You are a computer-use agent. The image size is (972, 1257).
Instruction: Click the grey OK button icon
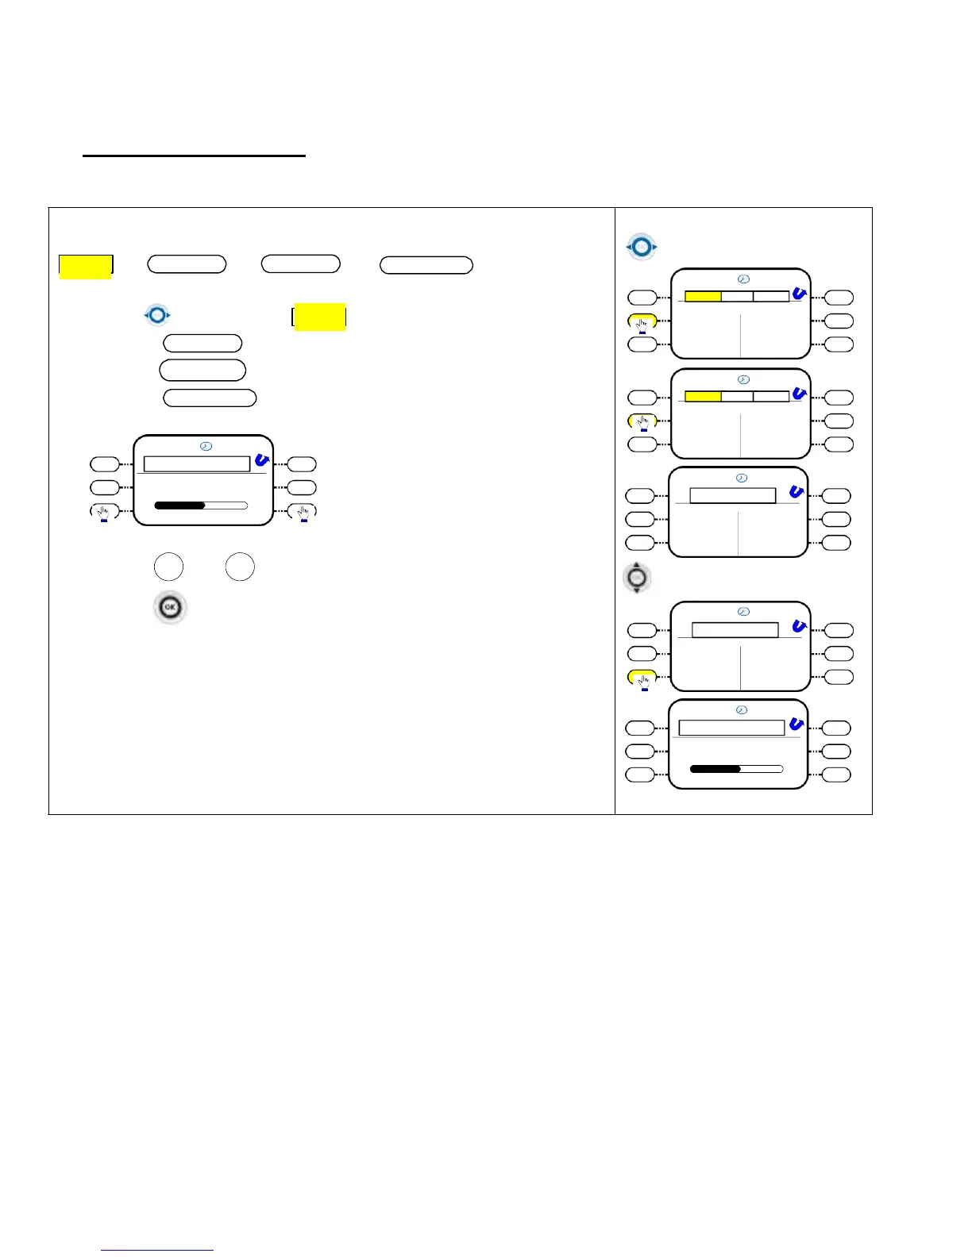coord(169,608)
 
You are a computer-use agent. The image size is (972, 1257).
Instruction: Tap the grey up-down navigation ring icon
coord(636,578)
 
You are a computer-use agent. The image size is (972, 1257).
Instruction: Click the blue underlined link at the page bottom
coord(157,1250)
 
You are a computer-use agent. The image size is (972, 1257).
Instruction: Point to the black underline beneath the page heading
coord(194,156)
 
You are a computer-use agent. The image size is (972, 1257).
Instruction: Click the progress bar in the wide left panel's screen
coord(201,505)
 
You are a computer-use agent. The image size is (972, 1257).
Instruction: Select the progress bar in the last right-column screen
coord(736,769)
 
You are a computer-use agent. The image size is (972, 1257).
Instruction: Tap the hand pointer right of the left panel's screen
coord(303,512)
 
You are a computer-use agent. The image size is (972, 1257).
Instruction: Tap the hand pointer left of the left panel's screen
coord(104,512)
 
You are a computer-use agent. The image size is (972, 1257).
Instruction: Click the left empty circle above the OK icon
coord(168,567)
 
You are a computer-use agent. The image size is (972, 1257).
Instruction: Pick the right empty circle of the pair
coord(240,567)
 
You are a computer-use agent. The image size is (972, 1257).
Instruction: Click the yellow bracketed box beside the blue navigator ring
coord(319,317)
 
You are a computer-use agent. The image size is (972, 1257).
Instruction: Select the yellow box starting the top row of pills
coord(86,266)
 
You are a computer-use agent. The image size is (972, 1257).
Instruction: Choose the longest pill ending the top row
coord(426,265)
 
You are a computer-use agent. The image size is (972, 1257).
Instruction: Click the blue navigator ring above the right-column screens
coord(642,247)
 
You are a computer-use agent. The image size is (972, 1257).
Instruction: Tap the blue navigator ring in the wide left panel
coord(157,315)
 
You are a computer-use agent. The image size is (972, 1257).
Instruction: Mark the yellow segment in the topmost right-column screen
coord(703,296)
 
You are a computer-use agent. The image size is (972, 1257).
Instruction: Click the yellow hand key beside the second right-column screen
coord(642,421)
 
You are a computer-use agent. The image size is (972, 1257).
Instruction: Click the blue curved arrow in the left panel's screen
coord(262,460)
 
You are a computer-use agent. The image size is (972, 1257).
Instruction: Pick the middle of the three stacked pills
coord(202,370)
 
